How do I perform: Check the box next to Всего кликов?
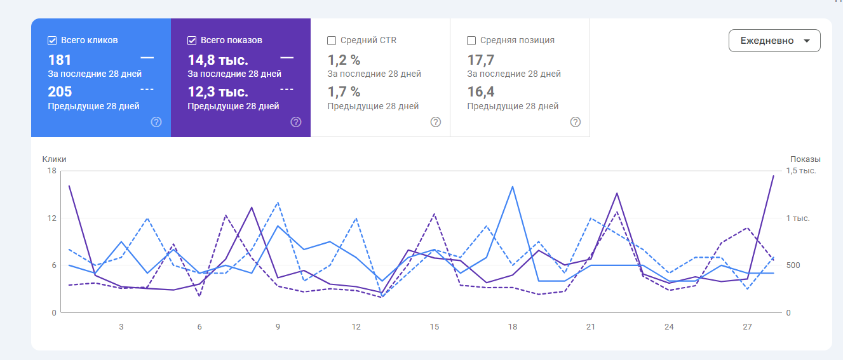tap(53, 41)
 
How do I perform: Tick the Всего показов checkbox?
tap(192, 41)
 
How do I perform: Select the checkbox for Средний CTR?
tap(332, 41)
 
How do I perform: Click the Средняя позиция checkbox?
tap(471, 41)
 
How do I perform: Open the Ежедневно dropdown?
tap(774, 41)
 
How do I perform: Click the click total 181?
tap(60, 60)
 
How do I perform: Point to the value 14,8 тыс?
tap(218, 60)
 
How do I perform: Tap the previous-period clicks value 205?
tap(60, 92)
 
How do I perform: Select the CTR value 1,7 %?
tap(344, 92)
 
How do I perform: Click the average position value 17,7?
tap(481, 60)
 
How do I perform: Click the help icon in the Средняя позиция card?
tap(576, 122)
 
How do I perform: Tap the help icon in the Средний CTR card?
tap(436, 122)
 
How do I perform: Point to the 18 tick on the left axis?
tap(51, 171)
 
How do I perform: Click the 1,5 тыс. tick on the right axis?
tap(801, 171)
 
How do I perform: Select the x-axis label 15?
tap(435, 327)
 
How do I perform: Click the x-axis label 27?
tap(747, 327)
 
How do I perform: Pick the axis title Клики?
tap(55, 159)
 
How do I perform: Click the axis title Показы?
tap(805, 159)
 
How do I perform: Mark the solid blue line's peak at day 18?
tap(513, 187)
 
